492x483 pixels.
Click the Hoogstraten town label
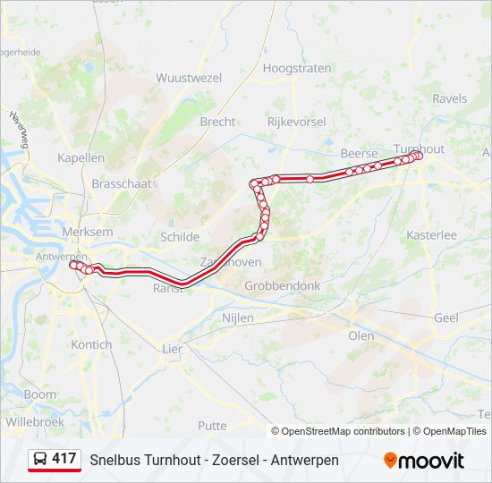tap(295, 68)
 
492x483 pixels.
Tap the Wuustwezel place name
tap(189, 78)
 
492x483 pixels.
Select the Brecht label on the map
tap(217, 122)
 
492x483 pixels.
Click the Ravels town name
tap(449, 98)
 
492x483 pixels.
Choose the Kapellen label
tap(81, 157)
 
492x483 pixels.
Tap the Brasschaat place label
tap(122, 182)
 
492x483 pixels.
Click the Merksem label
tap(88, 232)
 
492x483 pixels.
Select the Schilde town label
tap(179, 237)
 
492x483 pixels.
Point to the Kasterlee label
tap(431, 234)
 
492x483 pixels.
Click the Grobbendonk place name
tap(282, 286)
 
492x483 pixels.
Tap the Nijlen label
tap(238, 318)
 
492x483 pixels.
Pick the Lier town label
tap(172, 349)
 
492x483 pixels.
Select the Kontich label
tap(91, 344)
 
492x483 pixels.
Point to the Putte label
tap(212, 426)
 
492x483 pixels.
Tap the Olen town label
tap(361, 335)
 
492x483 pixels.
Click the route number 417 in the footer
tap(64, 459)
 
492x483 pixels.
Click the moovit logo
tap(424, 461)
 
